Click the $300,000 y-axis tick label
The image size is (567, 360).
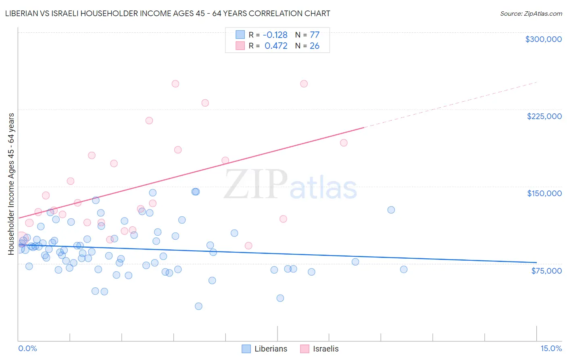point(543,39)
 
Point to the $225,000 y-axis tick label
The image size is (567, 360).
point(544,116)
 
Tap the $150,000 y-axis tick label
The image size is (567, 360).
point(544,193)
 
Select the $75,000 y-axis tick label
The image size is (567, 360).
point(546,271)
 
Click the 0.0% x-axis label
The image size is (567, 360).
point(27,348)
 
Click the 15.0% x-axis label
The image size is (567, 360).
point(551,348)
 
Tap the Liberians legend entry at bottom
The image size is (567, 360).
point(265,349)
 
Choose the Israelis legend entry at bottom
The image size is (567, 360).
point(319,349)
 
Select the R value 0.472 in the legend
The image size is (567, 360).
point(276,46)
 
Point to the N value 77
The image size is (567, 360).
point(315,35)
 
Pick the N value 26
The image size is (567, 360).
point(315,46)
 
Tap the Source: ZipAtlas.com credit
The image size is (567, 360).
point(531,14)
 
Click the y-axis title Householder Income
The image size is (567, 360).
point(11,184)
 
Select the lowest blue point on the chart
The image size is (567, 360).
point(198,306)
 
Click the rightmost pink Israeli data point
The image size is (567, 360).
point(344,143)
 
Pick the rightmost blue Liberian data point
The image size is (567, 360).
point(404,269)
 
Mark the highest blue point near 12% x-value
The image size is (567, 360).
point(391,210)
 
